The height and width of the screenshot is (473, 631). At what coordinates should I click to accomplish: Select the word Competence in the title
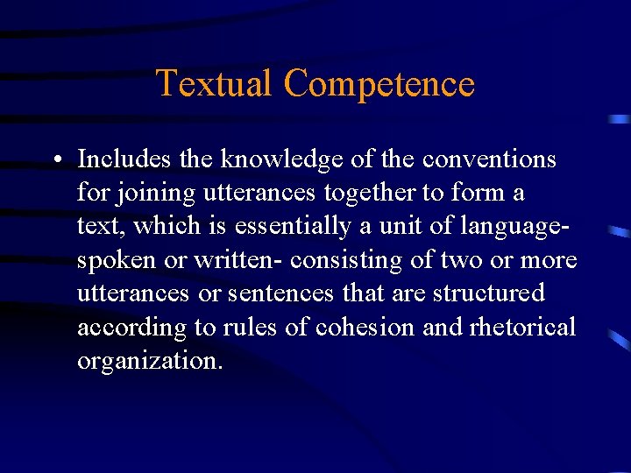[379, 84]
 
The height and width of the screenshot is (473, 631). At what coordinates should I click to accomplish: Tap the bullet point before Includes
[55, 159]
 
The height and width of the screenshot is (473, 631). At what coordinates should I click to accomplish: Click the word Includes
[124, 159]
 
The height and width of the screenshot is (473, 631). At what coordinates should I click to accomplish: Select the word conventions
[489, 159]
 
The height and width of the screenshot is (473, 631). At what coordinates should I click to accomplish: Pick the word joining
[158, 193]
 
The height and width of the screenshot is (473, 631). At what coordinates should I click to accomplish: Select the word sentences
[277, 293]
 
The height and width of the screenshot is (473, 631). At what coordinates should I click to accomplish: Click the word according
[131, 328]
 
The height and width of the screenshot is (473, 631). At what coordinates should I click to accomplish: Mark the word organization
[150, 361]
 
